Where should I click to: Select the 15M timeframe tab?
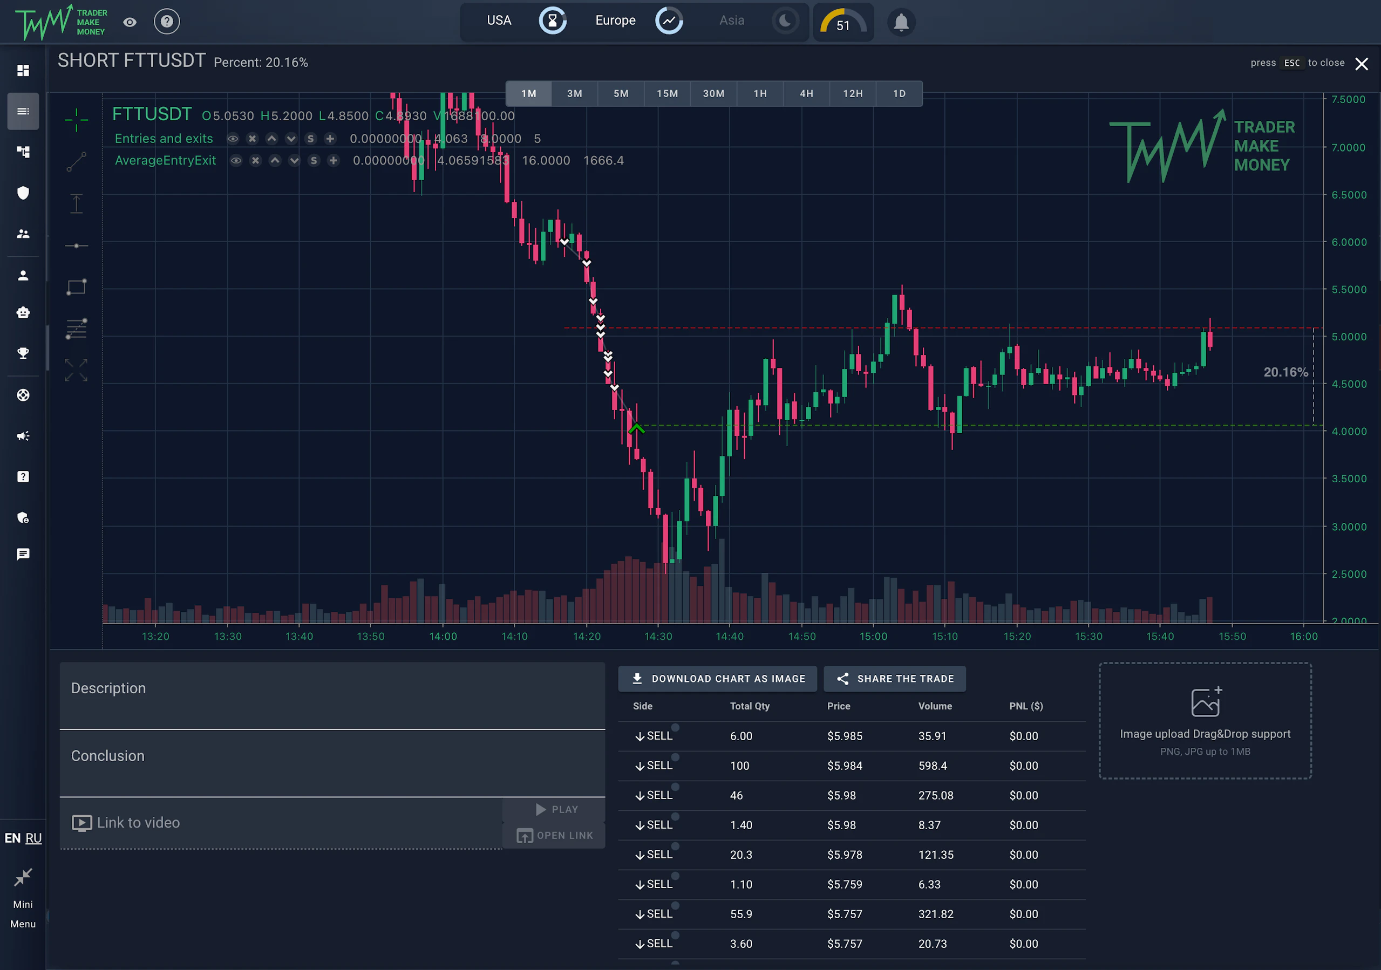pos(667,94)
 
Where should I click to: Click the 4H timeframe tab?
pos(806,94)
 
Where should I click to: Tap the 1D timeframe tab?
pos(899,94)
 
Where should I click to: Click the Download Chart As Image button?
pos(718,679)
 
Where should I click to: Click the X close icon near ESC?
pos(1361,64)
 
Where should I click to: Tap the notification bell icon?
pos(900,23)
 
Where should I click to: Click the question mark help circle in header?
pos(167,22)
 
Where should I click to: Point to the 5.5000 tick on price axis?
pos(1348,289)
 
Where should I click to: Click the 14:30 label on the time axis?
pos(658,636)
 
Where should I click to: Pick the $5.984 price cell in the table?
pos(845,766)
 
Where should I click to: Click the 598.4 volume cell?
pos(933,766)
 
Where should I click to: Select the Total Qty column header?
pos(750,706)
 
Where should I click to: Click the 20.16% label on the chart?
pos(1285,372)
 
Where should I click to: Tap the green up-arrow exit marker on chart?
pos(636,429)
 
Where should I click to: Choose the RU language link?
pos(33,838)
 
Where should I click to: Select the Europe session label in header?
pos(615,21)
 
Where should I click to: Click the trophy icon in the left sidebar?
pos(23,353)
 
